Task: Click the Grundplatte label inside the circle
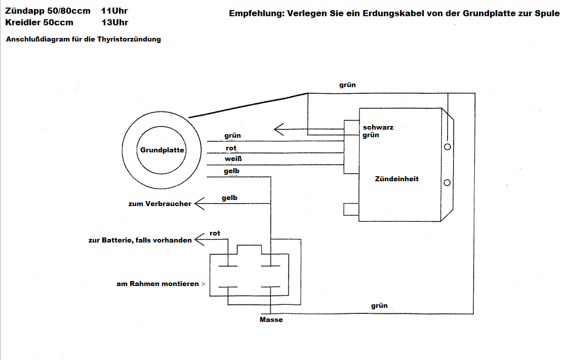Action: (x=162, y=150)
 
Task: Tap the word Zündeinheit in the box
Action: (x=397, y=179)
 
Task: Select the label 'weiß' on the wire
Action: (x=233, y=159)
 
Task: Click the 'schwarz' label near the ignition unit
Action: (x=378, y=127)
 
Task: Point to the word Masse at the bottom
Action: (x=271, y=320)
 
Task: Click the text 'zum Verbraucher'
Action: (x=160, y=204)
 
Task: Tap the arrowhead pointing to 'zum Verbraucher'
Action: (x=198, y=204)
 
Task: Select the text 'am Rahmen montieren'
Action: (x=157, y=284)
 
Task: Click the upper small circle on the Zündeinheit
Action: (x=447, y=147)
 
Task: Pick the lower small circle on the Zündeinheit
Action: (x=447, y=182)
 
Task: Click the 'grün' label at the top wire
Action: (x=347, y=85)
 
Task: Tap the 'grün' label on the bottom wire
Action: (x=379, y=305)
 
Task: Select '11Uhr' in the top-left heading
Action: (x=114, y=11)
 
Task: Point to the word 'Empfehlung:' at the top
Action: (x=256, y=14)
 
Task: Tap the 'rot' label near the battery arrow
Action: (x=215, y=233)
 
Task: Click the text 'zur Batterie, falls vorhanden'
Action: (x=140, y=240)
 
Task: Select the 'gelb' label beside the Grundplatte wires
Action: (x=232, y=171)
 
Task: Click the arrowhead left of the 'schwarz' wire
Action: (x=277, y=129)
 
